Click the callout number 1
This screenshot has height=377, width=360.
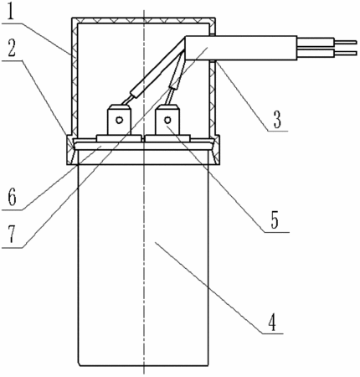tap(10, 12)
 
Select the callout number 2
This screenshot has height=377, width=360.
tap(11, 49)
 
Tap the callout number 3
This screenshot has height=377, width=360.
tap(277, 121)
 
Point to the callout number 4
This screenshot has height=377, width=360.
tap(272, 323)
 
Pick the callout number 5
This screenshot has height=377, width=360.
tap(275, 221)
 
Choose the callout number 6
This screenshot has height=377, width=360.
tap(12, 198)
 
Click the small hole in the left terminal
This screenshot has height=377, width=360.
tap(120, 120)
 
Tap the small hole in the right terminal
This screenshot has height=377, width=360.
tap(167, 120)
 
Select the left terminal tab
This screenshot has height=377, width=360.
tap(119, 120)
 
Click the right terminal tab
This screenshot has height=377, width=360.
tap(167, 120)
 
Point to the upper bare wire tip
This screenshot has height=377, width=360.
tap(345, 42)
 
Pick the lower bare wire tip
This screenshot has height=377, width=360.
tap(345, 53)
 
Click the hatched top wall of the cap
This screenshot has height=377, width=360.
tap(143, 20)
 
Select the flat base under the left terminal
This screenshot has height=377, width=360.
tap(119, 138)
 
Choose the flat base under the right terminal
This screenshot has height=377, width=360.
tap(167, 138)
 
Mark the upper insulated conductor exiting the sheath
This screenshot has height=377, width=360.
tap(316, 42)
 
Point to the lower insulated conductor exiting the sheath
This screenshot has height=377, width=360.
tap(316, 53)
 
